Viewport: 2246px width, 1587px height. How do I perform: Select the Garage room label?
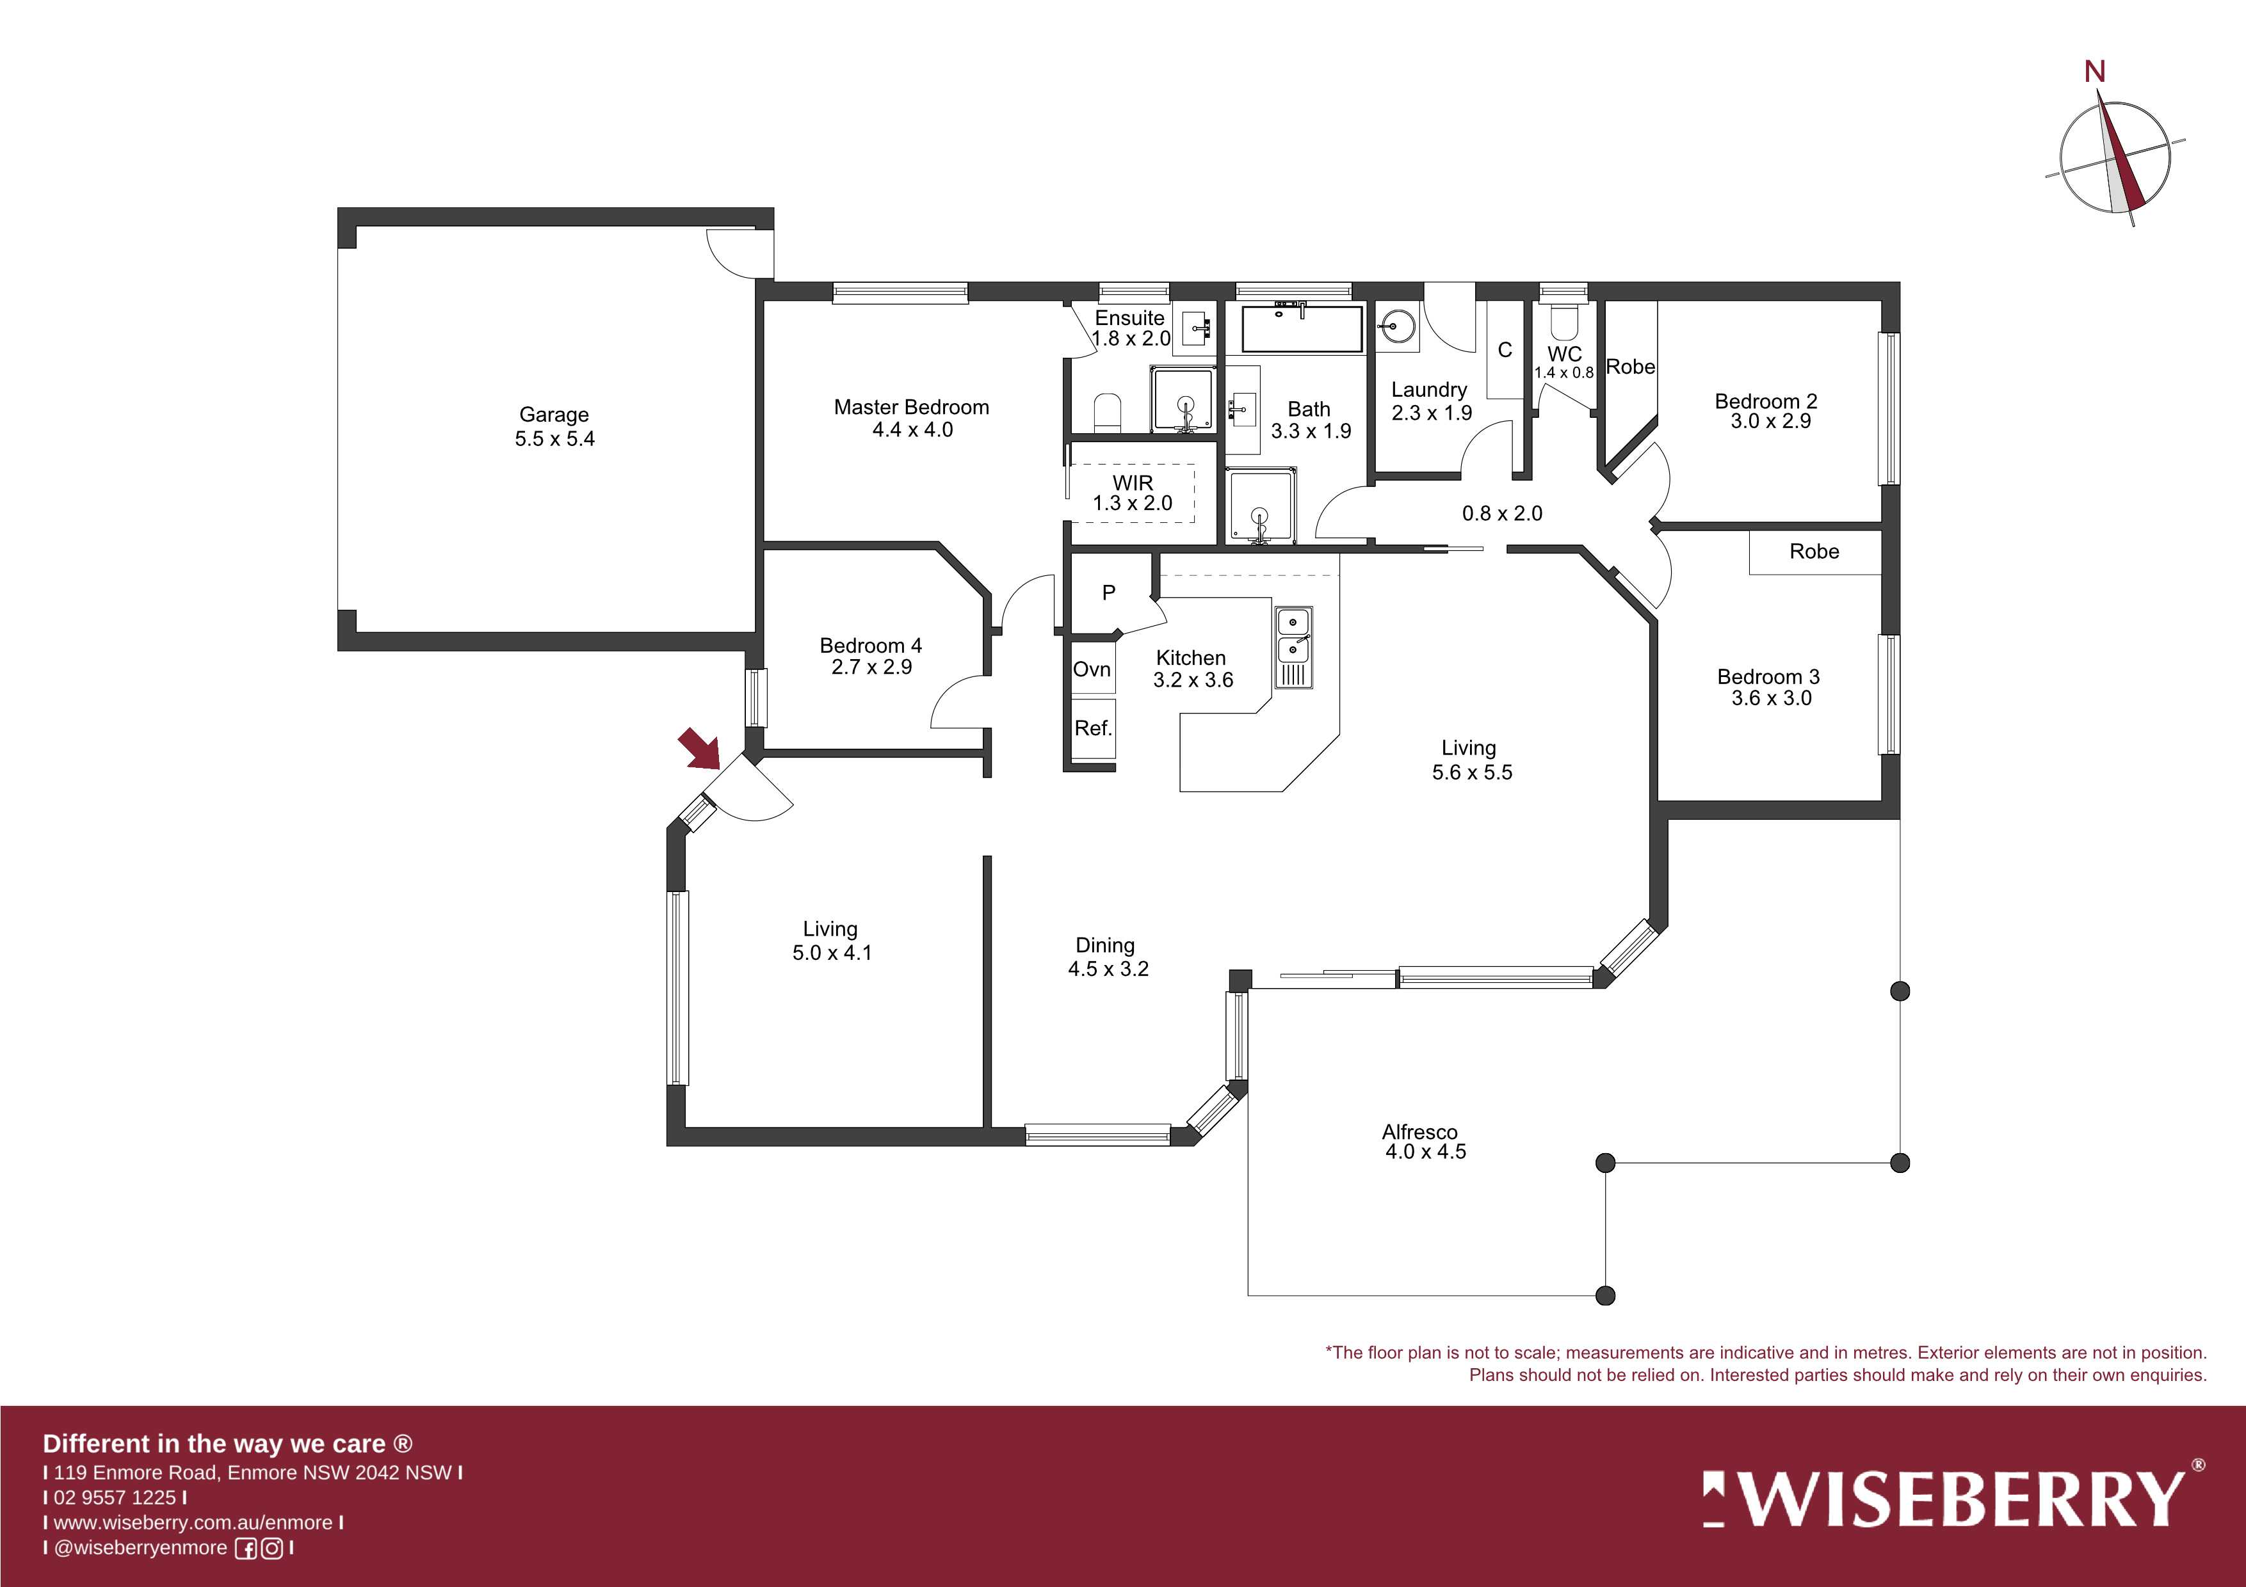point(554,415)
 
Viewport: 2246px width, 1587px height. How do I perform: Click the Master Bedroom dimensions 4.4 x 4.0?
point(912,429)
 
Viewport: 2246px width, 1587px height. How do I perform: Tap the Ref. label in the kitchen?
point(1093,728)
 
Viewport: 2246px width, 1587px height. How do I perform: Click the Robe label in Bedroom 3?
point(1814,552)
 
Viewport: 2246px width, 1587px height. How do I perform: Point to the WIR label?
point(1133,483)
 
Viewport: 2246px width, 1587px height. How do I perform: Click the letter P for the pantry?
point(1108,593)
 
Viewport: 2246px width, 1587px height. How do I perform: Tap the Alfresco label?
point(1419,1132)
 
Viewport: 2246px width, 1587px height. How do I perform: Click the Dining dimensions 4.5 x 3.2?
point(1108,969)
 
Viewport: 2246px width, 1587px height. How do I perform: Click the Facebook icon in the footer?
point(246,1548)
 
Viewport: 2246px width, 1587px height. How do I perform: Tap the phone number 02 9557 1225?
point(115,1497)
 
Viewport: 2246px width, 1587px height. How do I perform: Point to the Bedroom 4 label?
point(871,646)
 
